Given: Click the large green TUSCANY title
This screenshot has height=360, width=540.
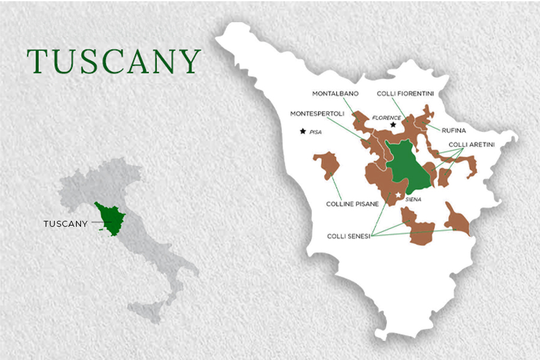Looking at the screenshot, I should (113, 61).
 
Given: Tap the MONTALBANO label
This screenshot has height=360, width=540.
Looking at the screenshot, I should (335, 94).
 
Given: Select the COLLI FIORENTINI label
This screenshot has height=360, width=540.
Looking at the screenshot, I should (405, 94).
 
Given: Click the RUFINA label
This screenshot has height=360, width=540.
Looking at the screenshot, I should (454, 130).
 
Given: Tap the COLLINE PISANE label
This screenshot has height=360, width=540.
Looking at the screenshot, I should (352, 204).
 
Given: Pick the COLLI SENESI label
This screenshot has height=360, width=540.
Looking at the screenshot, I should (348, 236).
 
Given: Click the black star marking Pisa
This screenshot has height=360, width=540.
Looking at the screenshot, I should (303, 131).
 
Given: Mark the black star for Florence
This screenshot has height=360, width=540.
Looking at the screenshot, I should (394, 125).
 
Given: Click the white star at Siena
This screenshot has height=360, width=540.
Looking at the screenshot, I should (398, 196).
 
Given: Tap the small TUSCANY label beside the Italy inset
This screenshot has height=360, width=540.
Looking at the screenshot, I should (65, 224).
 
